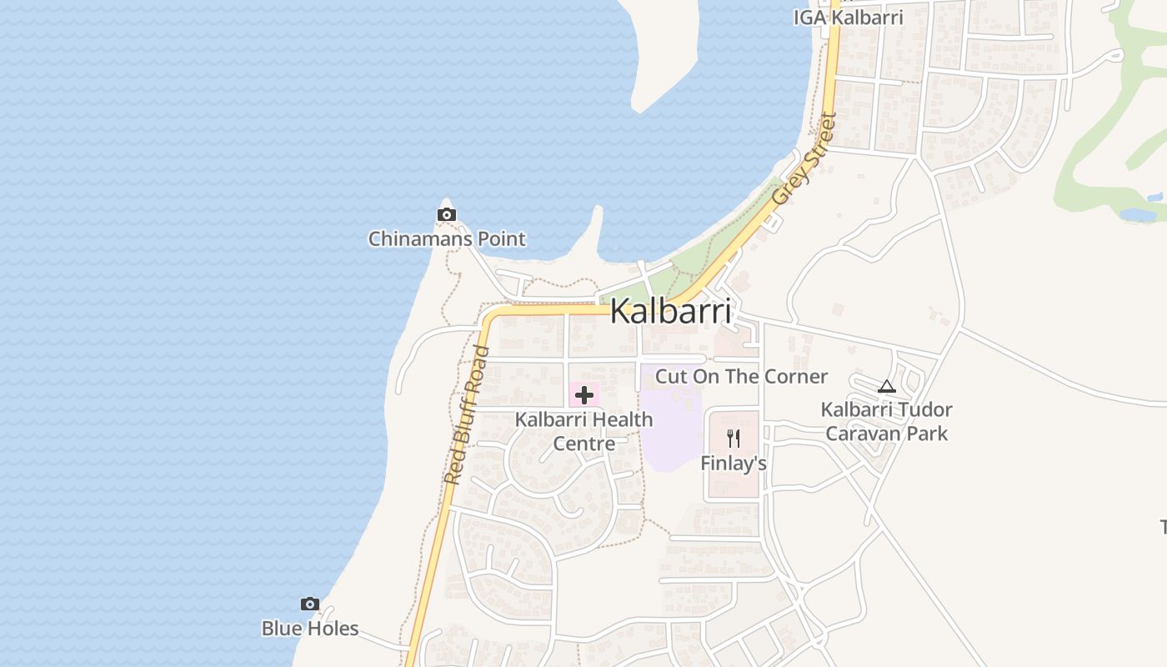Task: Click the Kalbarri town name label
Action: pos(671,311)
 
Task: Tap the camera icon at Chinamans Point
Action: pos(447,215)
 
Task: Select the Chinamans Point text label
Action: pos(447,239)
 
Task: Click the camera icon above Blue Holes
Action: pos(310,604)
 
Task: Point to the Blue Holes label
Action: pos(310,629)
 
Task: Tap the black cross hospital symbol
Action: pos(583,394)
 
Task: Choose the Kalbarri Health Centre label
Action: pos(583,431)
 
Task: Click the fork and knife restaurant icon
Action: pos(734,439)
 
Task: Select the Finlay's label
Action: pos(734,463)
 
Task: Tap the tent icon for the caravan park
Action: pos(886,386)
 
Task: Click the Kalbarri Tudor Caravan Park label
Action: pos(886,422)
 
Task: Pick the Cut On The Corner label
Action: pos(741,376)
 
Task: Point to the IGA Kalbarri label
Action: pos(848,18)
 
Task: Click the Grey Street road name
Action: pos(804,159)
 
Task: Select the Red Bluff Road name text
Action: pos(466,414)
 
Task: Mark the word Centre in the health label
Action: pos(584,444)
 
